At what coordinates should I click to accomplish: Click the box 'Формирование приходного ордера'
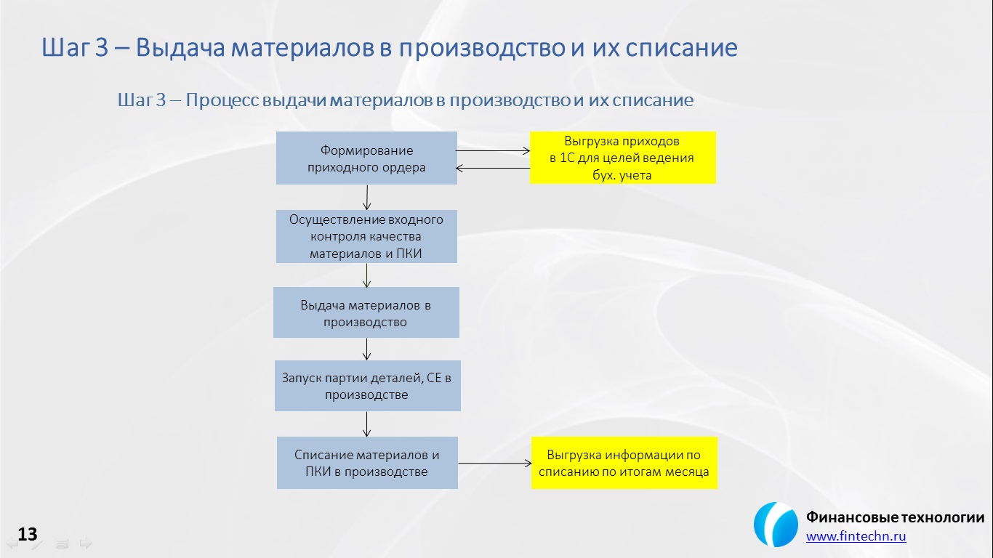pos(366,158)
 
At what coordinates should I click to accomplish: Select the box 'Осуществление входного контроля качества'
pos(366,236)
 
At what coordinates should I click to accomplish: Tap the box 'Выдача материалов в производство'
pos(366,312)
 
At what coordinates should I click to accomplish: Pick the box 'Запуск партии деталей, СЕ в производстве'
pos(368,386)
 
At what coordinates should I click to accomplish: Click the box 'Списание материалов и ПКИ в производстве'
pos(368,463)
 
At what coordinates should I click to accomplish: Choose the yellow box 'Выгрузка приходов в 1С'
pos(623,158)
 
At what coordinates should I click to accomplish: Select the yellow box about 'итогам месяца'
pos(624,463)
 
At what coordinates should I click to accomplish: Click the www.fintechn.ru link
pos(856,536)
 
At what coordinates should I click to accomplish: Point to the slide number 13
pos(28,534)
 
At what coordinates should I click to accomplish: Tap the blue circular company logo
pos(776,525)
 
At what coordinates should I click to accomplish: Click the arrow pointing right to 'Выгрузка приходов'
pos(493,150)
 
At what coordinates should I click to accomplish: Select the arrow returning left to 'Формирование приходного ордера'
pos(493,168)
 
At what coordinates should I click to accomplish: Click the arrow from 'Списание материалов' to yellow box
pos(495,463)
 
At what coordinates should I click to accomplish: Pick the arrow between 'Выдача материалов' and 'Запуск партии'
pos(366,349)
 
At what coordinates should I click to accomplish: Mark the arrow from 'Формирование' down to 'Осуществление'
pos(367,197)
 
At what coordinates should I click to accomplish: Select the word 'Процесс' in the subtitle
pos(222,100)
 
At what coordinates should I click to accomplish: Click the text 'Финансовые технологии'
pos(895,517)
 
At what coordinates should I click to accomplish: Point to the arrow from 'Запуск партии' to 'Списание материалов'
pos(366,424)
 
